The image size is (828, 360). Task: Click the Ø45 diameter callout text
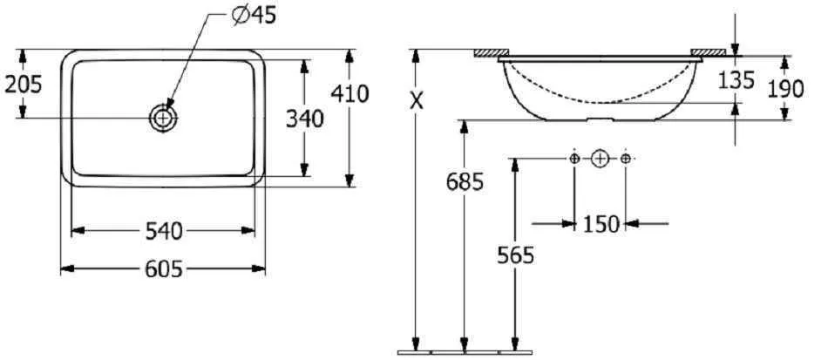tap(254, 16)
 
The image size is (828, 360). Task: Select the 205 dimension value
tap(23, 84)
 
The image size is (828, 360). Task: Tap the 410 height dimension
tap(350, 93)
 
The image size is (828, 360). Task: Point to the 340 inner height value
tap(305, 119)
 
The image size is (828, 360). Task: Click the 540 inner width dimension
tap(164, 231)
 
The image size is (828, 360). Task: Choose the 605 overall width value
tap(164, 269)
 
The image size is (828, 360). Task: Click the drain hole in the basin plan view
tap(163, 118)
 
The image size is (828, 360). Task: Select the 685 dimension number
tap(465, 183)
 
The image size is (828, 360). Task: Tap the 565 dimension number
tap(515, 255)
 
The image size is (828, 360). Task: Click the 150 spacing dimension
tap(601, 224)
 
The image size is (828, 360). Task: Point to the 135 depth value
tap(736, 80)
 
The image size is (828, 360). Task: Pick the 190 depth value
tap(785, 89)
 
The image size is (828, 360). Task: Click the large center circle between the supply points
tap(600, 158)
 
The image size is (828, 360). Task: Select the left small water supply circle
tap(574, 158)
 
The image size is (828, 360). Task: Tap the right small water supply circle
tap(625, 158)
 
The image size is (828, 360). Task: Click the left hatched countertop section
tap(491, 52)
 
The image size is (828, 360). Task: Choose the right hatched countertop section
tap(709, 52)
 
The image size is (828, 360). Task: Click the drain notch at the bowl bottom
tap(601, 119)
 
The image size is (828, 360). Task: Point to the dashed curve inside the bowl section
tap(601, 102)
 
